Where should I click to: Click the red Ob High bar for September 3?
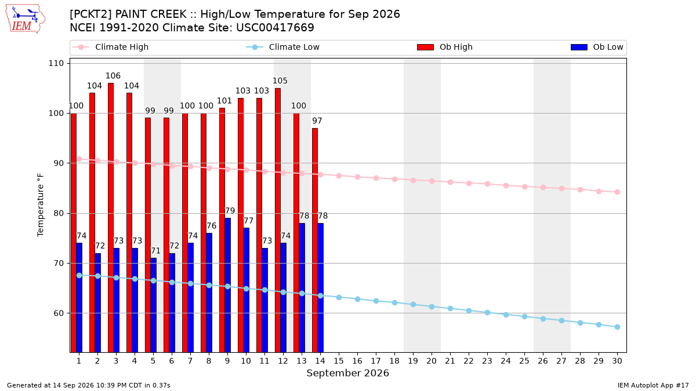pyautogui.click(x=111, y=218)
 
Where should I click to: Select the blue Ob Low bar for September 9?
pyautogui.click(x=227, y=285)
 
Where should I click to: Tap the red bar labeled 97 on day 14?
pyautogui.click(x=315, y=240)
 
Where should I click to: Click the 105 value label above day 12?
pyautogui.click(x=280, y=81)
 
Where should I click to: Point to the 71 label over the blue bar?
pyautogui.click(x=155, y=251)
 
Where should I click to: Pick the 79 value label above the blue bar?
pyautogui.click(x=230, y=211)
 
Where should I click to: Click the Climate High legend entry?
pyautogui.click(x=110, y=47)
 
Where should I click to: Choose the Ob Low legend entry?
pyautogui.click(x=597, y=47)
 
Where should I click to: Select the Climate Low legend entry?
pyautogui.click(x=282, y=47)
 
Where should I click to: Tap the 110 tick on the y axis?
pyautogui.click(x=56, y=63)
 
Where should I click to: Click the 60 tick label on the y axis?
pyautogui.click(x=59, y=313)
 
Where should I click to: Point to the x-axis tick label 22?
pyautogui.click(x=469, y=361)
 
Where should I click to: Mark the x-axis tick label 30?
pyautogui.click(x=617, y=361)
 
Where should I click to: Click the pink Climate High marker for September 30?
pyautogui.click(x=617, y=192)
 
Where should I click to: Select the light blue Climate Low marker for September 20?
pyautogui.click(x=432, y=306)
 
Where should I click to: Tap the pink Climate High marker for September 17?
pyautogui.click(x=376, y=178)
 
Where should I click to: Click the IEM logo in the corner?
pyautogui.click(x=25, y=19)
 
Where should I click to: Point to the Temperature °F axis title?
pyautogui.click(x=41, y=205)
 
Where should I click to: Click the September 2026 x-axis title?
pyautogui.click(x=347, y=373)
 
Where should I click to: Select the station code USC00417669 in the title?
pyautogui.click(x=275, y=28)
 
